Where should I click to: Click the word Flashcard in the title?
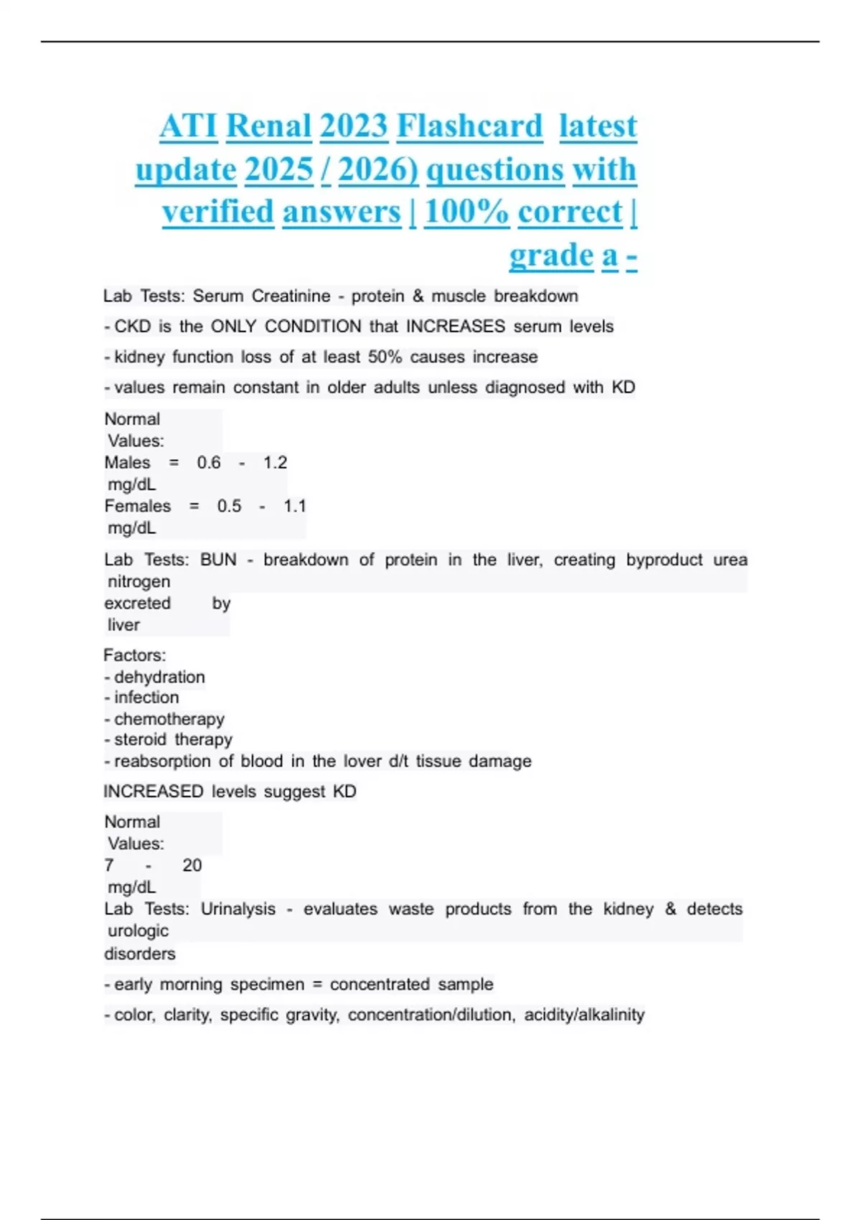click(x=470, y=126)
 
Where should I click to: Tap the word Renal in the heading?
click(x=268, y=126)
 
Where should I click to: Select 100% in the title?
click(x=466, y=212)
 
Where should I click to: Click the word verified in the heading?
click(x=218, y=212)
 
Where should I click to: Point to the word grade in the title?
click(x=551, y=255)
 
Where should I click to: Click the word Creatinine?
click(x=291, y=296)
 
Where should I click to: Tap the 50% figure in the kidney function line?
click(x=385, y=357)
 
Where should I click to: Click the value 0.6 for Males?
click(x=209, y=463)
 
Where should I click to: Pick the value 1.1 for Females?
click(x=294, y=507)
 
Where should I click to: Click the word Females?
click(x=138, y=507)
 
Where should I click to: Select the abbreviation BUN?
click(x=218, y=560)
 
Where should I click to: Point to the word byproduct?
click(x=664, y=560)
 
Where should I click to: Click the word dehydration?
click(x=159, y=677)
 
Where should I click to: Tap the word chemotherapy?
click(x=169, y=719)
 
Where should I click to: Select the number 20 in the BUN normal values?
click(x=192, y=865)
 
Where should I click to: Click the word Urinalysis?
click(x=237, y=909)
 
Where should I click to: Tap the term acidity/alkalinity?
click(x=584, y=1015)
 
